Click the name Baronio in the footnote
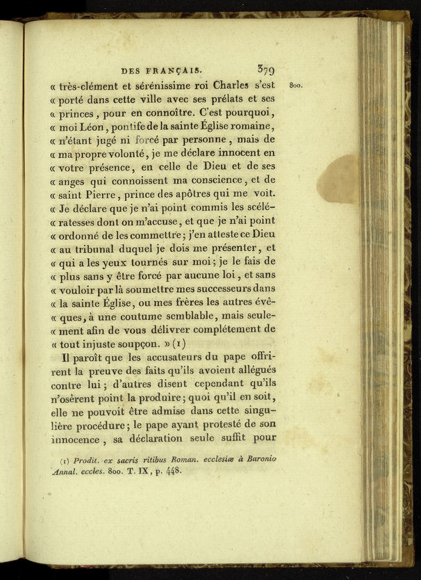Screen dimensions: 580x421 tap(259, 459)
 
